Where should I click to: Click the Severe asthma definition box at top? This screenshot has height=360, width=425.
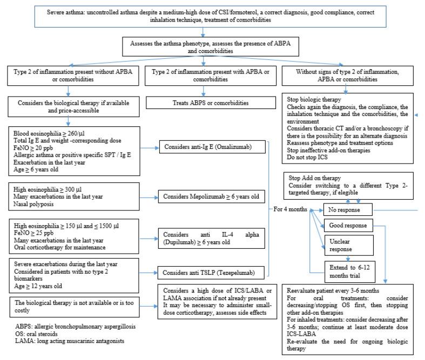212,15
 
